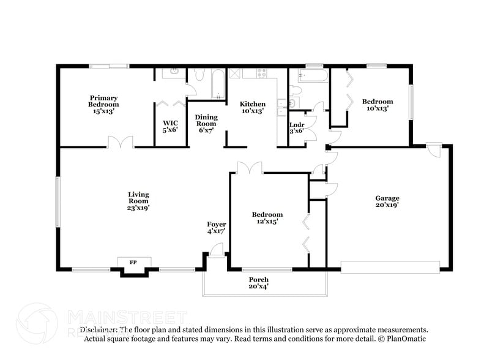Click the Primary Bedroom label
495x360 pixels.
[x=103, y=105]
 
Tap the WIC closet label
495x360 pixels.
[x=170, y=126]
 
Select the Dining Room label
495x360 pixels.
[x=206, y=123]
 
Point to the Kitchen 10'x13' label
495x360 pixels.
[x=252, y=108]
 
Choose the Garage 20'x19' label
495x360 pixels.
[x=387, y=201]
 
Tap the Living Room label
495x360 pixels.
[x=138, y=201]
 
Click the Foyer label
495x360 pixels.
[x=217, y=228]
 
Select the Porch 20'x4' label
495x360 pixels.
[x=258, y=283]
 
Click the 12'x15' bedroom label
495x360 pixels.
[x=267, y=218]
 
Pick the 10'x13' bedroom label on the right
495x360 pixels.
[x=378, y=105]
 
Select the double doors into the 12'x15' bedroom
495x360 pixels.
[x=250, y=168]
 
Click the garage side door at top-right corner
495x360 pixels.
[x=433, y=150]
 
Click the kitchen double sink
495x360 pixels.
[x=281, y=107]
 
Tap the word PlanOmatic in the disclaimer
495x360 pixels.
[x=403, y=338]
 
